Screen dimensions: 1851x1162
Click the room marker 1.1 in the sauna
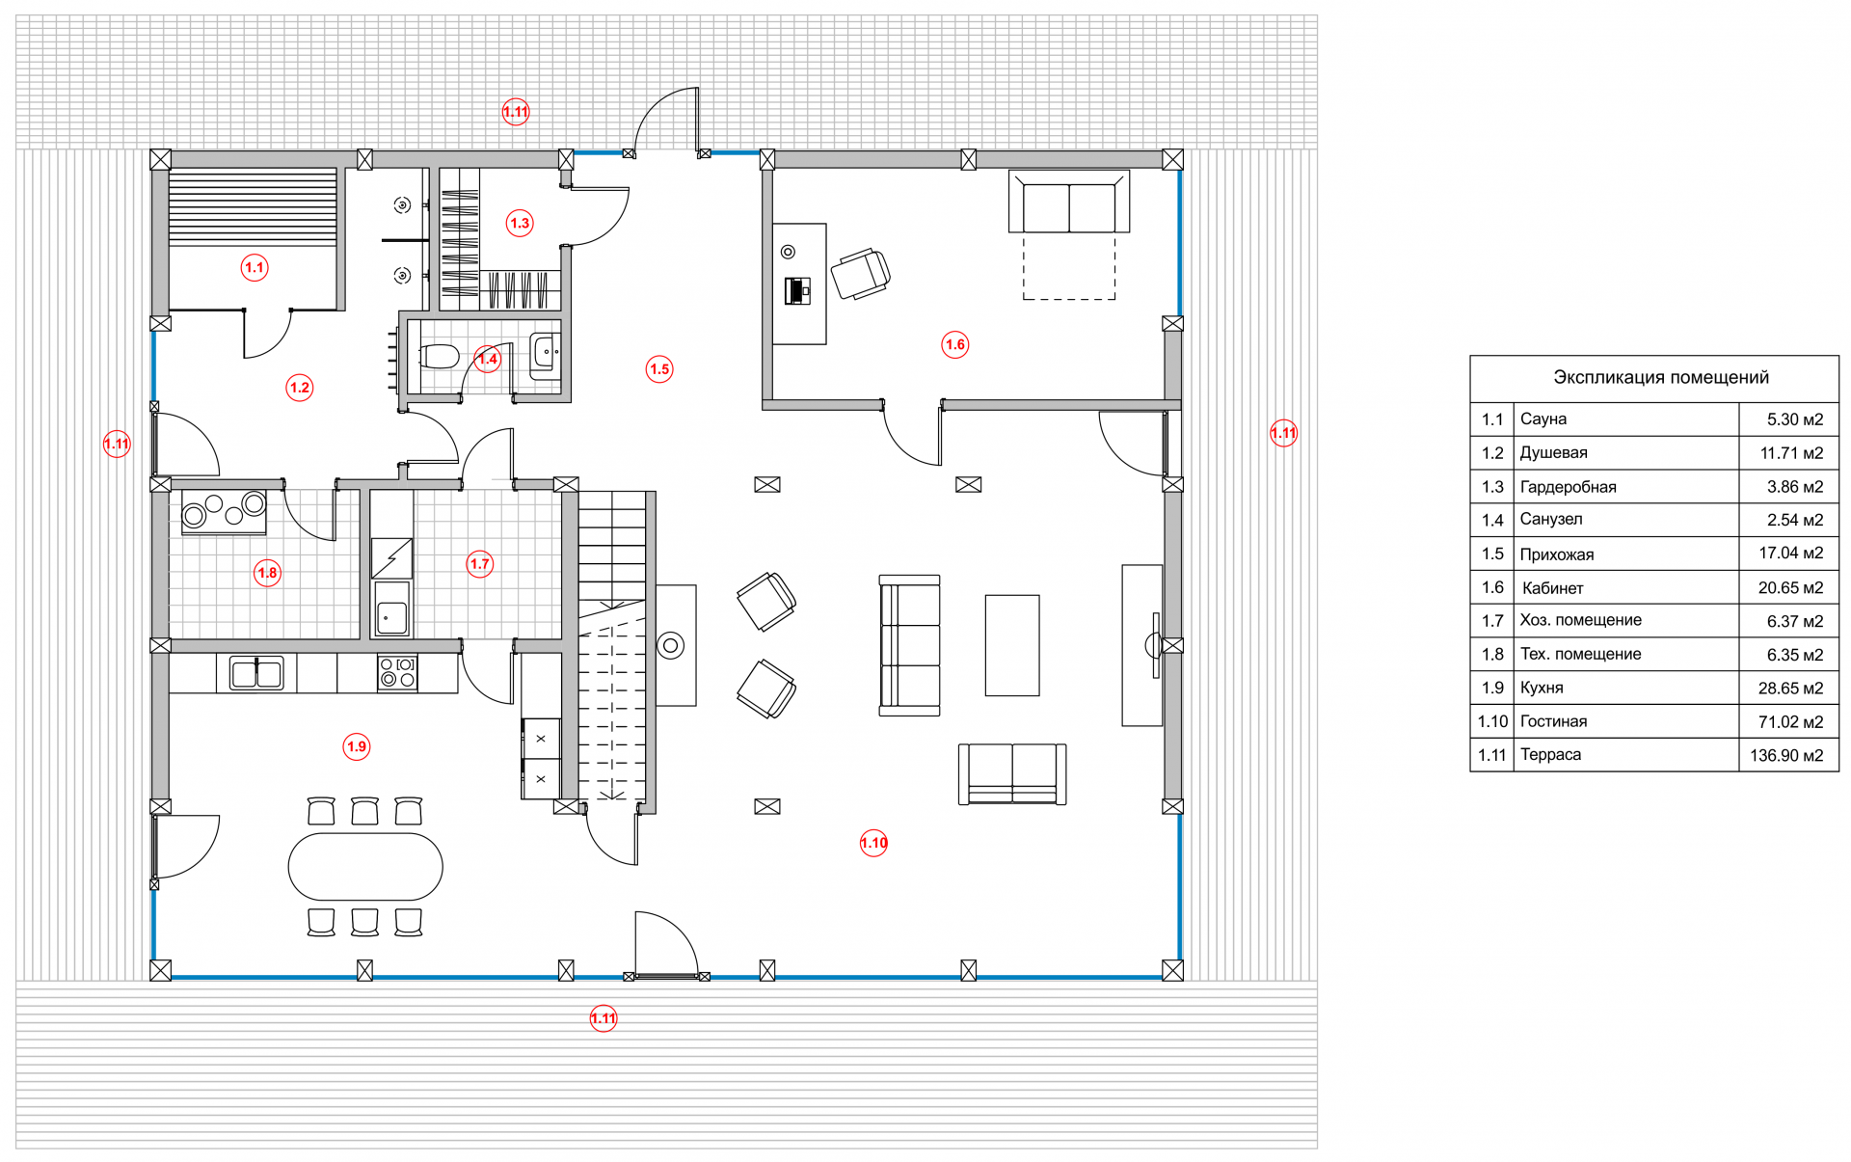coord(255,267)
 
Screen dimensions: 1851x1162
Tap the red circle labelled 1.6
coord(954,344)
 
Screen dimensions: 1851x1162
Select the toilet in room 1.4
coord(441,357)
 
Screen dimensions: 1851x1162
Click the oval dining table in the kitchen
coord(365,867)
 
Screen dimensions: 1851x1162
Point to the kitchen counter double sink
coord(256,672)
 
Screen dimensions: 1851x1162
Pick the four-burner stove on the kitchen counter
coord(397,672)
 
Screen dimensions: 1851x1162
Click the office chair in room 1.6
coord(860,273)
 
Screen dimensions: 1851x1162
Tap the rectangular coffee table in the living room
coord(1012,645)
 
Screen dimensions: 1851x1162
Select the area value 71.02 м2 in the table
coord(1790,721)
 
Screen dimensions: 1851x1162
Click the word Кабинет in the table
coord(1552,587)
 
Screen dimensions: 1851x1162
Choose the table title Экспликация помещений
coord(1660,377)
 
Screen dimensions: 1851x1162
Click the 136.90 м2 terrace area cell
coord(1786,755)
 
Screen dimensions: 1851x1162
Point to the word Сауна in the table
coord(1543,419)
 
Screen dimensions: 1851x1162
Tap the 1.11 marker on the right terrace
coord(1283,433)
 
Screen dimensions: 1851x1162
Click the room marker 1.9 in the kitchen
coord(357,746)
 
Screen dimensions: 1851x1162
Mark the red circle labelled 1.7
coord(480,563)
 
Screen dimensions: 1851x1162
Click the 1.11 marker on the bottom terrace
coord(604,1018)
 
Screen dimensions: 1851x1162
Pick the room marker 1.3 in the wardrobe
coord(520,223)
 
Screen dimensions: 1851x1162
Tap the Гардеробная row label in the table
coord(1568,487)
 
